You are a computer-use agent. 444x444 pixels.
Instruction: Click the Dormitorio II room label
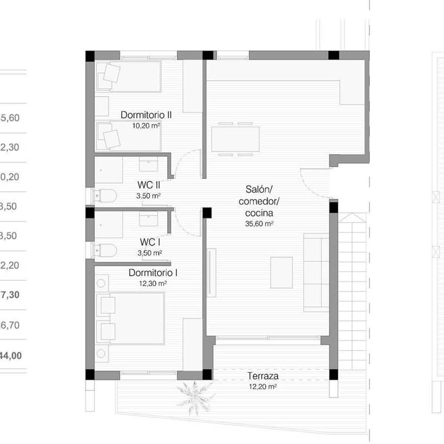pyautogui.click(x=146, y=115)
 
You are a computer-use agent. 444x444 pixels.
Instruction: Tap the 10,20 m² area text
pyautogui.click(x=146, y=126)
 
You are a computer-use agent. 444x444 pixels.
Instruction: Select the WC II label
pyautogui.click(x=148, y=185)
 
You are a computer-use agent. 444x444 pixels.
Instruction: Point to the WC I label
pyautogui.click(x=150, y=242)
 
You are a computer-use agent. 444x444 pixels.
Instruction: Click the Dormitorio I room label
pyautogui.click(x=153, y=273)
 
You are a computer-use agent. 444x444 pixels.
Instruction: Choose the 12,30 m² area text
pyautogui.click(x=153, y=284)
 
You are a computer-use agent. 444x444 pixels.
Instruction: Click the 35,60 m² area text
pyautogui.click(x=259, y=224)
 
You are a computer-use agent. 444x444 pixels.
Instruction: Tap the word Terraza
pyautogui.click(x=263, y=376)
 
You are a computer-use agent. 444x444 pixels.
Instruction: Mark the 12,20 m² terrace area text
pyautogui.click(x=263, y=387)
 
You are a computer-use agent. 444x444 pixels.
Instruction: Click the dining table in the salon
pyautogui.click(x=235, y=139)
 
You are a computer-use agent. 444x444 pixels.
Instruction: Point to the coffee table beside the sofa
pyautogui.click(x=281, y=273)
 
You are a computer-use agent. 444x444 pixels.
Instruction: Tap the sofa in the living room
pyautogui.click(x=316, y=272)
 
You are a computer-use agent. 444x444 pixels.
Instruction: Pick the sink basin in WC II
pyautogui.click(x=148, y=164)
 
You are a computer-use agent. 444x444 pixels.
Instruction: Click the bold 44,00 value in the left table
pyautogui.click(x=11, y=356)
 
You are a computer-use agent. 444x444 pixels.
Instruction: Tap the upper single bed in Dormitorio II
pyautogui.click(x=128, y=77)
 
